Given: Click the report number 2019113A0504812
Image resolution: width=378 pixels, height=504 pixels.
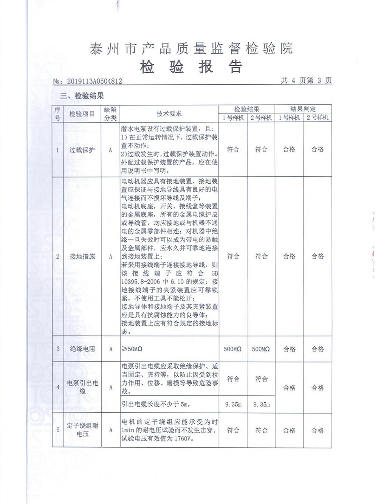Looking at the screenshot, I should click(x=94, y=81).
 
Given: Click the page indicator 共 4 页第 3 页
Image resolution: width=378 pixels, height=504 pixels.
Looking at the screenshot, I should click(x=306, y=80).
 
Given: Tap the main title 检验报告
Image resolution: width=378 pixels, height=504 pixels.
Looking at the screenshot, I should click(x=191, y=67).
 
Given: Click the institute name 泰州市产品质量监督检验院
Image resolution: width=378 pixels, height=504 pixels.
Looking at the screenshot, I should click(x=191, y=48).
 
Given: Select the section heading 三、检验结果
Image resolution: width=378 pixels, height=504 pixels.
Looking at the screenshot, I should click(x=82, y=96).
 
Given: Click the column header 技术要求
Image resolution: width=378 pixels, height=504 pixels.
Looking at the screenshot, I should click(x=169, y=113).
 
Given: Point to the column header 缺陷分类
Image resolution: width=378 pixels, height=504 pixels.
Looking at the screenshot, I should click(x=110, y=113).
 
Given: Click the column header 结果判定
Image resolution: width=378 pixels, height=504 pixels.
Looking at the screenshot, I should click(x=303, y=109).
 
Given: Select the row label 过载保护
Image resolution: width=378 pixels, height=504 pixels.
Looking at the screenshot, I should click(x=82, y=150).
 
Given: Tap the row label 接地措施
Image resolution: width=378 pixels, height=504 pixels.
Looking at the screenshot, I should click(x=82, y=256).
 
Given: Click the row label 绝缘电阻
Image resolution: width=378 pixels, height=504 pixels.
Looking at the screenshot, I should click(x=82, y=349).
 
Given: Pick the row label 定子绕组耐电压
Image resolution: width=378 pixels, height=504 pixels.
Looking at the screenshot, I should click(x=82, y=430).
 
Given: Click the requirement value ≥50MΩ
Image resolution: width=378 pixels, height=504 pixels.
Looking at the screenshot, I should click(x=132, y=349).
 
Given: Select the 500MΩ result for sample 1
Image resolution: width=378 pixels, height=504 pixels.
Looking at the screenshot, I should click(x=232, y=349).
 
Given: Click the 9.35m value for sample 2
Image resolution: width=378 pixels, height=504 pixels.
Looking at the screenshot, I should click(x=261, y=404).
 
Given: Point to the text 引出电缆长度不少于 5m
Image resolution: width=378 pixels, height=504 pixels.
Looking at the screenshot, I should click(x=156, y=404).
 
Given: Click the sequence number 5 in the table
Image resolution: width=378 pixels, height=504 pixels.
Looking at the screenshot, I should click(x=58, y=430).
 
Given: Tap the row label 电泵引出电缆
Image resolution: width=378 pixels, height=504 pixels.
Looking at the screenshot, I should click(x=82, y=387).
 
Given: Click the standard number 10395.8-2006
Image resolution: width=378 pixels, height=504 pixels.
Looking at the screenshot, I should click(x=141, y=282).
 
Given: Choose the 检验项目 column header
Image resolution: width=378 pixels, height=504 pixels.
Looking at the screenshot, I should click(x=82, y=113).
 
